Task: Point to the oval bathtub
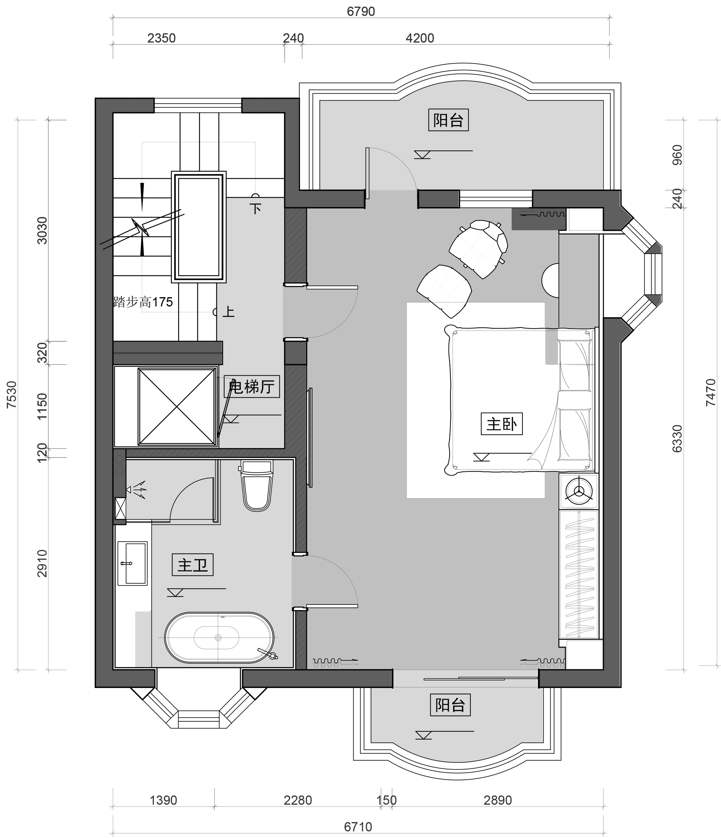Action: point(219,638)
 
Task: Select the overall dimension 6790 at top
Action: point(361,11)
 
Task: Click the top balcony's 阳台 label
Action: point(448,120)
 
